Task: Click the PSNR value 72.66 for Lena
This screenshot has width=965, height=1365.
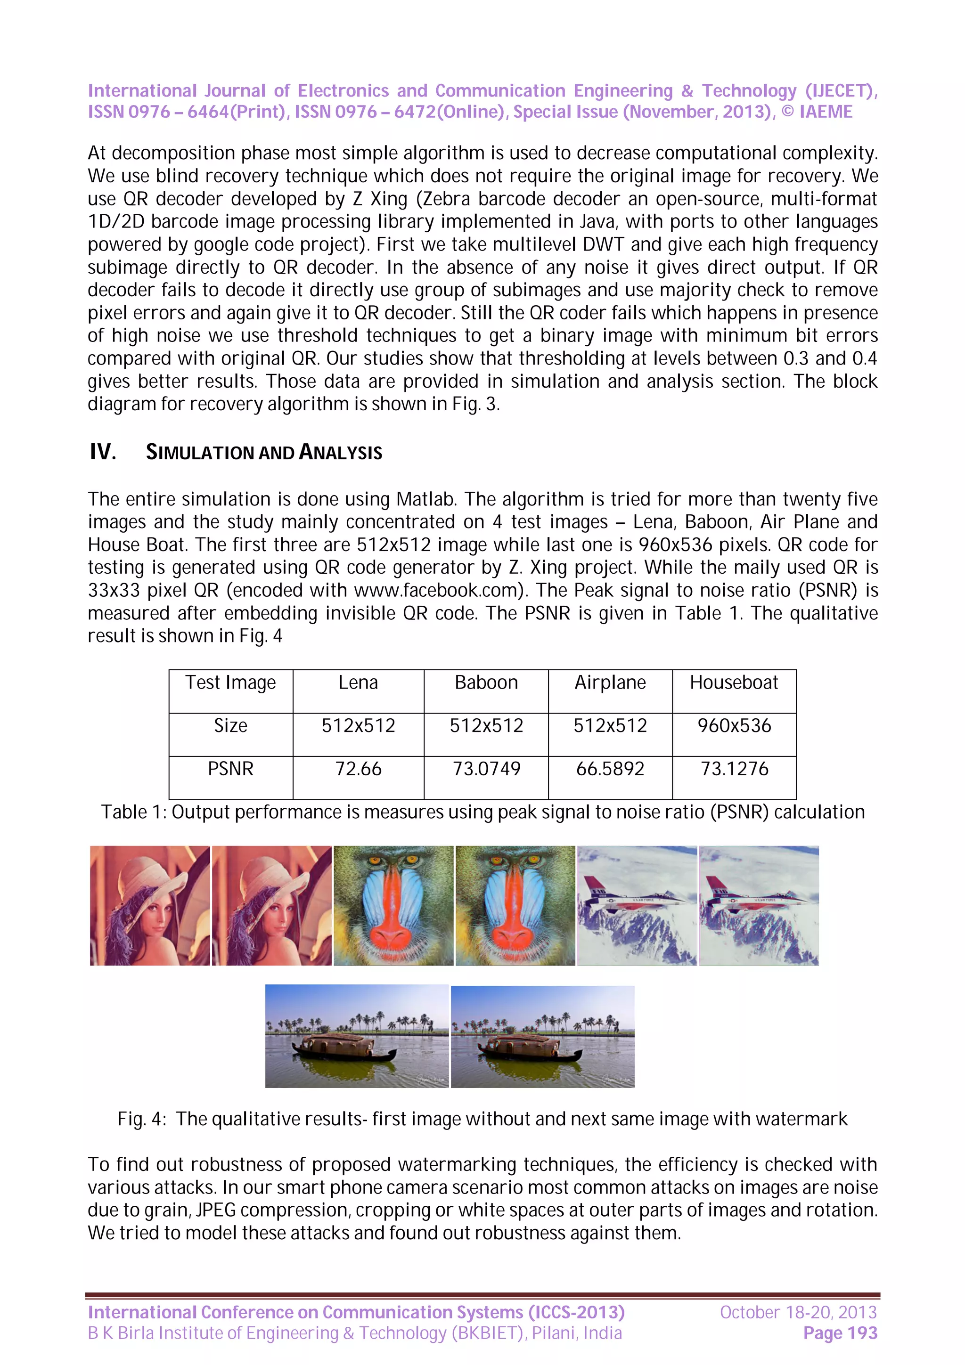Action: click(358, 769)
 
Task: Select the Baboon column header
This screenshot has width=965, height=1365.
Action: click(486, 682)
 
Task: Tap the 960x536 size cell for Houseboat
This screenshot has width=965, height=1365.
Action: click(734, 725)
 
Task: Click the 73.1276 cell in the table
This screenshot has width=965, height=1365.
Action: click(734, 769)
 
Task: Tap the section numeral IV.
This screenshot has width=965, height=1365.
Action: click(102, 453)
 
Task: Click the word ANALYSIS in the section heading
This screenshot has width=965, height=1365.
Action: click(340, 453)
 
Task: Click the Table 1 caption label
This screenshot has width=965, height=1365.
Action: click(133, 812)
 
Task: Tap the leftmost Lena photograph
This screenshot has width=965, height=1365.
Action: click(150, 905)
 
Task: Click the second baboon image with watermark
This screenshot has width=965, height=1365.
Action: click(515, 905)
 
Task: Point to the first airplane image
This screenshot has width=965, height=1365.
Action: click(637, 905)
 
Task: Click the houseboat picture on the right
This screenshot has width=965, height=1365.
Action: click(542, 1037)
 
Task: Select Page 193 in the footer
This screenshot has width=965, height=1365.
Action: click(840, 1333)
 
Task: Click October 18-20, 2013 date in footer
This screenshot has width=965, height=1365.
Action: click(798, 1312)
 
